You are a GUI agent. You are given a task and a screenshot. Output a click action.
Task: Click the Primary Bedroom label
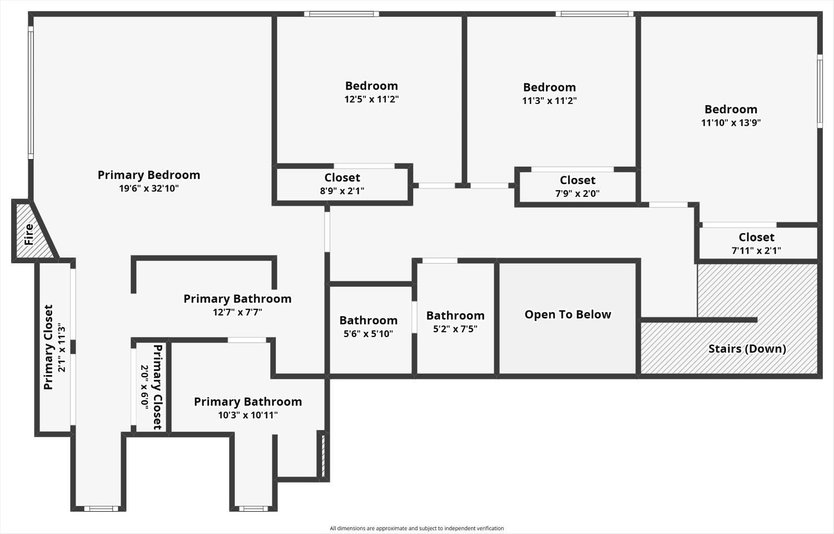pos(148,175)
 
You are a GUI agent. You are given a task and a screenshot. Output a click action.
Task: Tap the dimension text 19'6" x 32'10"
pos(148,189)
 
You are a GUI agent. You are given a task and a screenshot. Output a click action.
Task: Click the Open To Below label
pos(568,314)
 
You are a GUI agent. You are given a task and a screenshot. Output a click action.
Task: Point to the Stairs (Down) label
pos(747,349)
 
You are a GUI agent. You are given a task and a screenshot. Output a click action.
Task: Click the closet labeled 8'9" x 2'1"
pos(342,184)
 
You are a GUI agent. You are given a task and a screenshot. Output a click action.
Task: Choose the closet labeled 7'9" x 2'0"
pos(577,186)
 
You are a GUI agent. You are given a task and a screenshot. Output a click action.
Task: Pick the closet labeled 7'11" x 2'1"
pos(756,243)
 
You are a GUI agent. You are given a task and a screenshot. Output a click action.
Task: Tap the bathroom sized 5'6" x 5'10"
pos(368,327)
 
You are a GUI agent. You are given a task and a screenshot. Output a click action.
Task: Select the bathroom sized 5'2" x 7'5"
pos(455,322)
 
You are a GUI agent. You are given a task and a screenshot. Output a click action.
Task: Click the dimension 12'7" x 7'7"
pos(237,312)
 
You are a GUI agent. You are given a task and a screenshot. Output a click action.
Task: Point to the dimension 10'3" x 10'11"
pos(247,415)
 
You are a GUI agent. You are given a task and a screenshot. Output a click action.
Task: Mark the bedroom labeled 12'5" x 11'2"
pos(371,92)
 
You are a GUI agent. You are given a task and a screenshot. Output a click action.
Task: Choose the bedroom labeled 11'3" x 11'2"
pos(549,93)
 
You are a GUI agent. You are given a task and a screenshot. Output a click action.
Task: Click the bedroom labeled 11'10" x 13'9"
pos(731,115)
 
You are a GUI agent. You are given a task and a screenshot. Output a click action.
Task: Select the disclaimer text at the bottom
pos(416,528)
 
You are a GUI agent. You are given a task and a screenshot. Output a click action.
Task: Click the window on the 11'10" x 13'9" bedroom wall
pos(820,91)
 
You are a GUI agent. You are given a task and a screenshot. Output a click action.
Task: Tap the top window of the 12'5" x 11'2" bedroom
pos(341,14)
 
